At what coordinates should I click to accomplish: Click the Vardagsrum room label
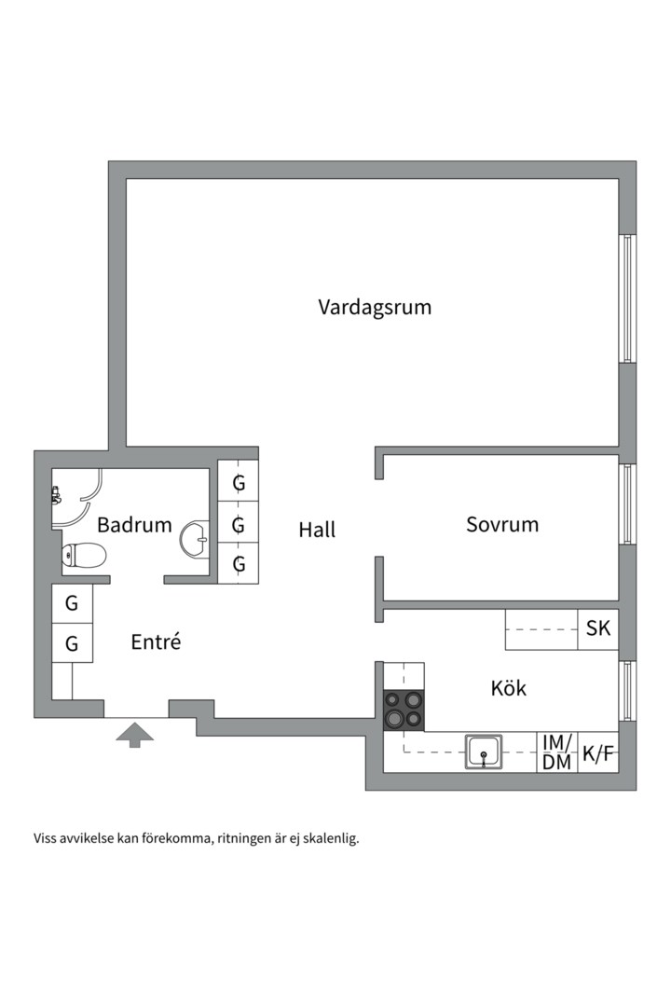click(x=375, y=307)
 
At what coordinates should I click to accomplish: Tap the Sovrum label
click(x=502, y=524)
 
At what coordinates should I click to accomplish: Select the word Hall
click(x=317, y=530)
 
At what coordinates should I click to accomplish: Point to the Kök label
click(x=509, y=688)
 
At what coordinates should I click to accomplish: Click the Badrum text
click(x=134, y=524)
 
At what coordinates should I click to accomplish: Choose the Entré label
click(x=155, y=641)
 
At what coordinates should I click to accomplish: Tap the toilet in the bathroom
click(x=84, y=556)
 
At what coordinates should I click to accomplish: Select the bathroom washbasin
click(x=197, y=539)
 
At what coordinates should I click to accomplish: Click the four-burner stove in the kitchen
click(x=404, y=709)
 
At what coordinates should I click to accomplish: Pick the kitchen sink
click(x=484, y=752)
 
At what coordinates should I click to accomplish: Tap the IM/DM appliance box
click(x=557, y=752)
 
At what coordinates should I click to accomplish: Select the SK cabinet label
click(x=598, y=628)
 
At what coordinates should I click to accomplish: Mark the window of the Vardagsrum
click(x=628, y=298)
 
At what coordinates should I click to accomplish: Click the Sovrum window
click(x=628, y=504)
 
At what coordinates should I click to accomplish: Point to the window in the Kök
click(x=628, y=696)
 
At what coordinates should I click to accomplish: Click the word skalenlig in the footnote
click(x=329, y=838)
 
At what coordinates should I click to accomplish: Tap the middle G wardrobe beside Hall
click(x=239, y=525)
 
